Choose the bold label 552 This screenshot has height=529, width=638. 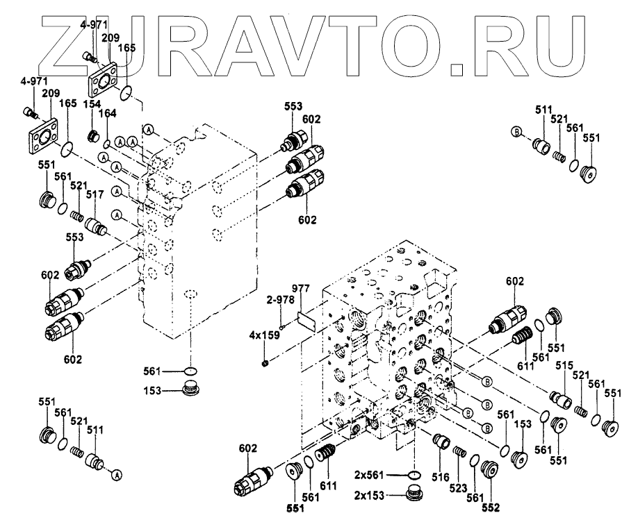491,507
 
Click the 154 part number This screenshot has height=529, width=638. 93,103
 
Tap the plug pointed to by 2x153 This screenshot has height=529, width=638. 414,494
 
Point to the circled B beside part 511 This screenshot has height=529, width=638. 516,131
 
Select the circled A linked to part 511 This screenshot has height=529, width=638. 117,475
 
